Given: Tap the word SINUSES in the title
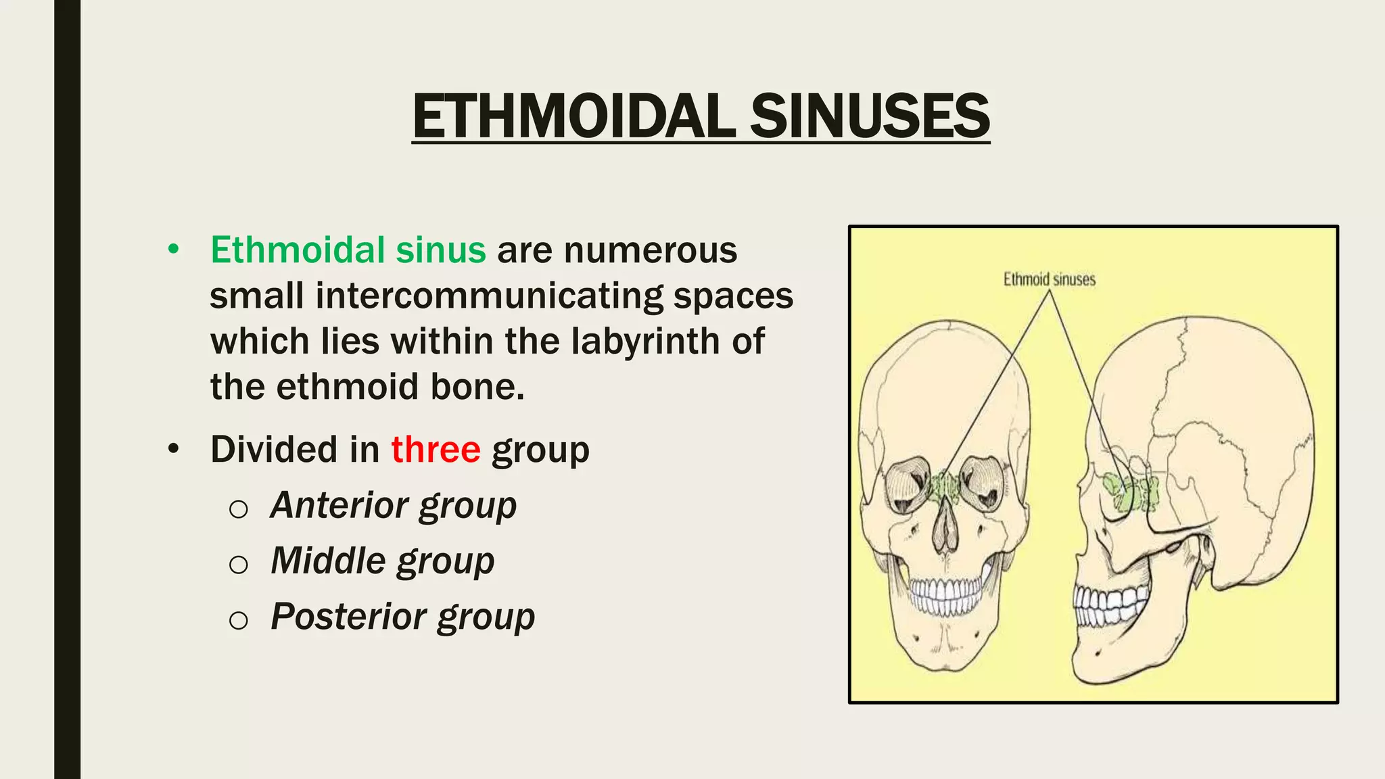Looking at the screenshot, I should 870,116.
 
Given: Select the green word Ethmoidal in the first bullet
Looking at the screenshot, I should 298,250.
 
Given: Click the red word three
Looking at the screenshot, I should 436,450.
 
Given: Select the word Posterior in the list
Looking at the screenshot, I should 349,616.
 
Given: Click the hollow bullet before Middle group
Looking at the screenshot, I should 238,564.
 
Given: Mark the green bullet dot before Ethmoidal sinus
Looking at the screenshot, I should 174,250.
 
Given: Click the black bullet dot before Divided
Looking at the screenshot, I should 174,449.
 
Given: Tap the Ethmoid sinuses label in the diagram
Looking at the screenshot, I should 1049,279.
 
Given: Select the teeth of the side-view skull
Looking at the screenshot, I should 1109,604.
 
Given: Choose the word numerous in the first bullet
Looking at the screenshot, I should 651,250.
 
